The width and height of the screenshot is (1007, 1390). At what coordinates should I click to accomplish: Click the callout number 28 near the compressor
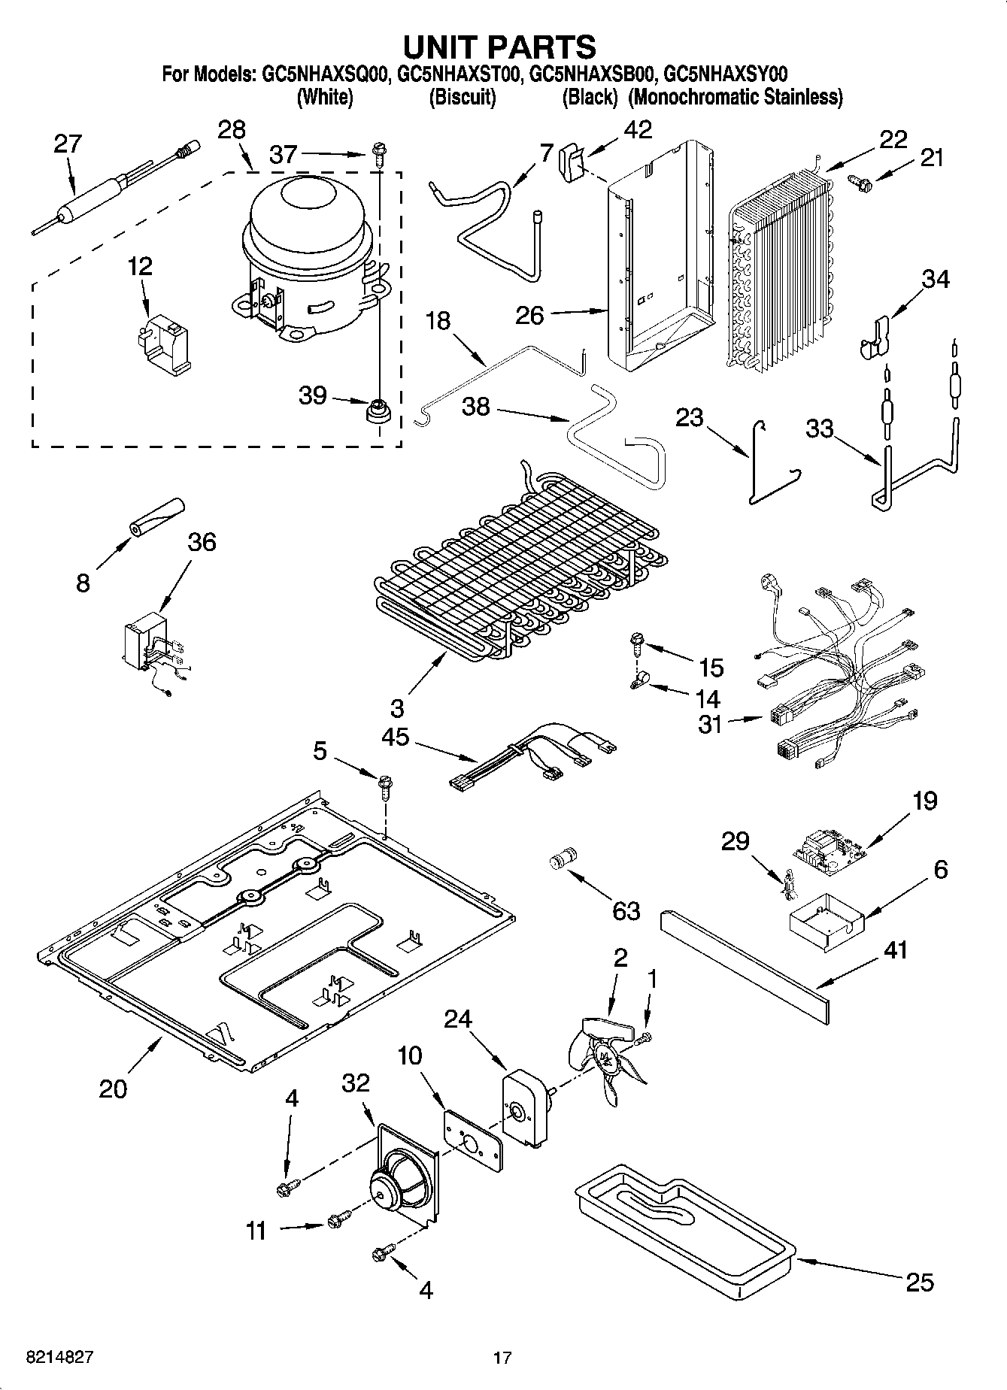(x=232, y=129)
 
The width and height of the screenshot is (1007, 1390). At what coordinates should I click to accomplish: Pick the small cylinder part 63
(x=564, y=859)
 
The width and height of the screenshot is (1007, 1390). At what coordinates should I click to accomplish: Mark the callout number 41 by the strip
(x=895, y=950)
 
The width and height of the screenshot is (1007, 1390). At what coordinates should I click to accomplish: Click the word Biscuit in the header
(x=463, y=97)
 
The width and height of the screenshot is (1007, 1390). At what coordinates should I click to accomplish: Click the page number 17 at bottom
(x=502, y=1358)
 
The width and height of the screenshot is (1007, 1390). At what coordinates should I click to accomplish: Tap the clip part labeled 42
(x=572, y=162)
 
